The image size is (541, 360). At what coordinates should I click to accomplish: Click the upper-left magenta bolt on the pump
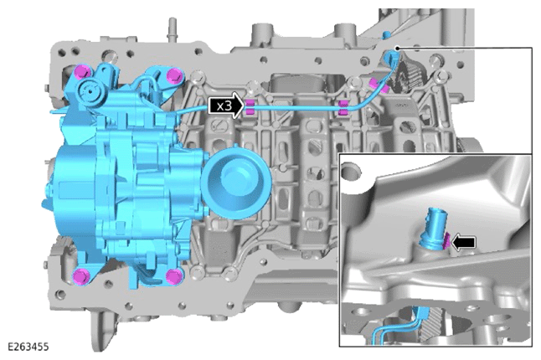point(83,72)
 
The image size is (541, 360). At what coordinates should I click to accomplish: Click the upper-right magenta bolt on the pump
point(174,75)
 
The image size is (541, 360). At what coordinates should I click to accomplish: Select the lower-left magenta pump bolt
point(82,276)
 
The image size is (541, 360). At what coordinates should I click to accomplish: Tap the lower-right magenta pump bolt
point(173,277)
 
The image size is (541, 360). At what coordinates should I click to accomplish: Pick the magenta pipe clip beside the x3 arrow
point(249,107)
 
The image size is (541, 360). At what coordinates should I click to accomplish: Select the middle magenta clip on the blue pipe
point(343,108)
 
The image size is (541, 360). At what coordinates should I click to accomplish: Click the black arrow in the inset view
point(463,243)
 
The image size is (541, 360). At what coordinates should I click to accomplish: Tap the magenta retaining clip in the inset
point(446,241)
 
